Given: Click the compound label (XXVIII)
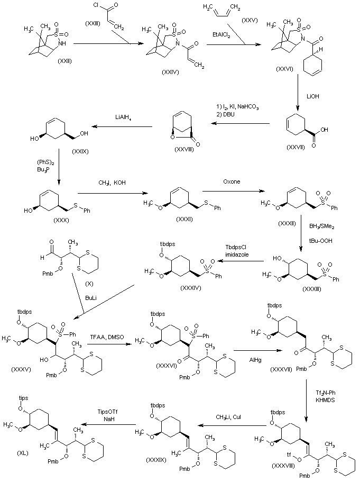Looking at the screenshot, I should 183,150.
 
